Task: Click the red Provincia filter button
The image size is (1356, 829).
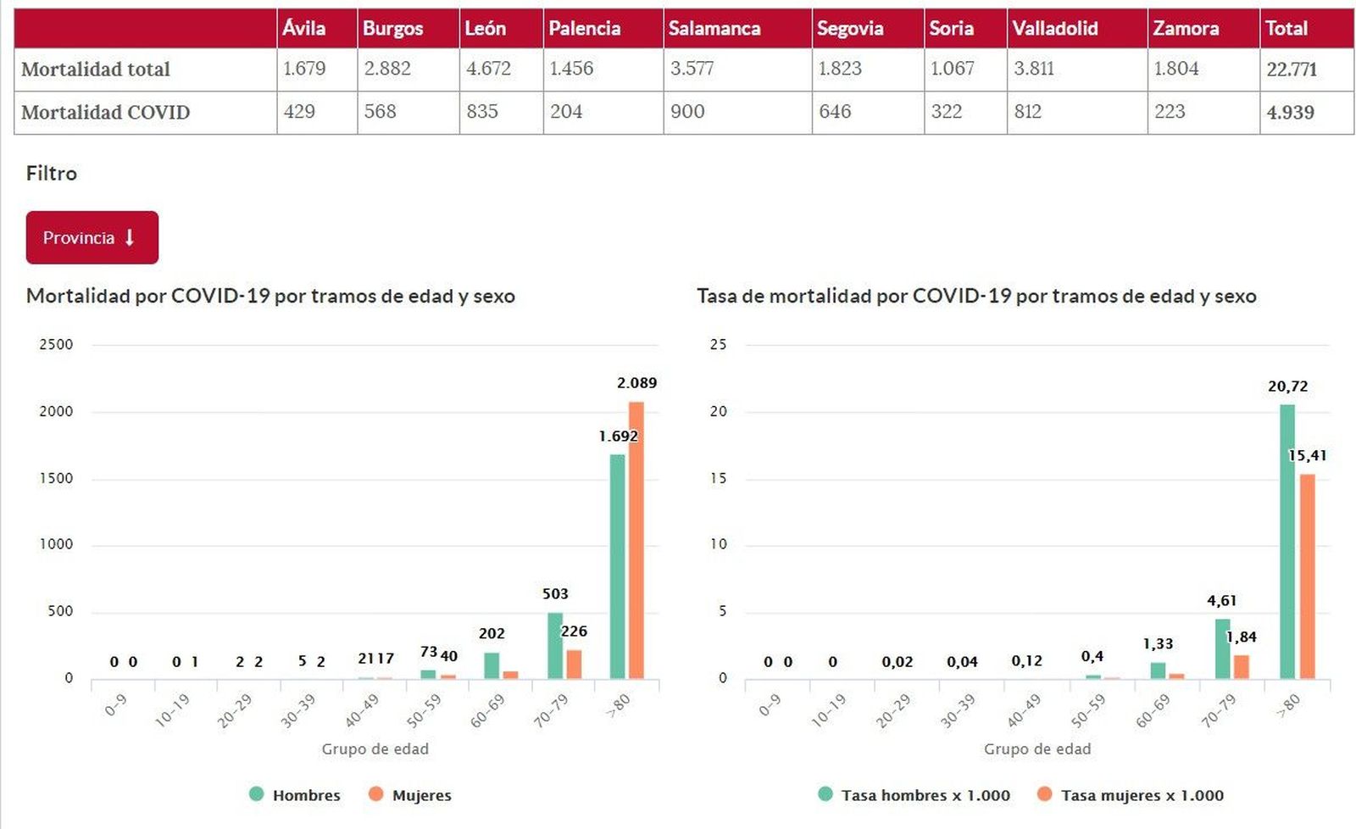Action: click(92, 237)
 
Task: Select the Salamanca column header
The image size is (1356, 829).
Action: click(714, 28)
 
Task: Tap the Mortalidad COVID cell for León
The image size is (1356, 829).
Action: click(482, 111)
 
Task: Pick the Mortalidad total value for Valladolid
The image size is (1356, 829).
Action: click(1034, 69)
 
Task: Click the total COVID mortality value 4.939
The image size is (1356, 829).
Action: click(1290, 112)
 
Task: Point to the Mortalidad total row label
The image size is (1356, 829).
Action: click(96, 70)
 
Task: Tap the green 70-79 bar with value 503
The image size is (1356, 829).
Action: click(555, 645)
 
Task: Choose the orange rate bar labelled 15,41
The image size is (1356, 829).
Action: click(1308, 576)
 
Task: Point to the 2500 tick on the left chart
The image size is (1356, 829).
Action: click(56, 344)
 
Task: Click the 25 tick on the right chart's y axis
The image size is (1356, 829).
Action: click(718, 344)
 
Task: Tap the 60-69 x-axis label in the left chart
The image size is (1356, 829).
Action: click(487, 711)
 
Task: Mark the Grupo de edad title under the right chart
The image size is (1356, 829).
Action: click(1037, 749)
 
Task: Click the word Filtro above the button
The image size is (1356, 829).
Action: click(52, 174)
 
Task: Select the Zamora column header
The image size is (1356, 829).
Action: click(1186, 28)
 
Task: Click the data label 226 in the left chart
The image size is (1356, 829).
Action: click(574, 631)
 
